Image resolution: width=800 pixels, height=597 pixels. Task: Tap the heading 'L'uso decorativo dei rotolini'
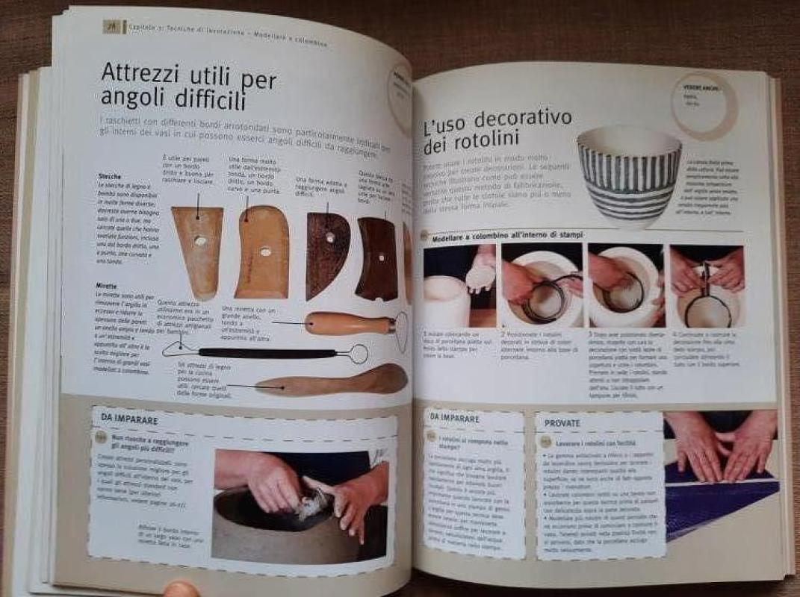497,131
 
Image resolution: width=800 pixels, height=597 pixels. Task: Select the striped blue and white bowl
630,173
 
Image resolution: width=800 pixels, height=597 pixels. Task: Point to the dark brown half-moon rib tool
326,254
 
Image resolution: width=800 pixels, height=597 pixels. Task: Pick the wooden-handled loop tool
351,323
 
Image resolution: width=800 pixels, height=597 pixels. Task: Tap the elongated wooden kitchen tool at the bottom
332,381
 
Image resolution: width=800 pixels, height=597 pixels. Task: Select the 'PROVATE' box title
563,423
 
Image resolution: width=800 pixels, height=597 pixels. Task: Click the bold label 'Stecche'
110,176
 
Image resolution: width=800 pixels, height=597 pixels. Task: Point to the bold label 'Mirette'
106,286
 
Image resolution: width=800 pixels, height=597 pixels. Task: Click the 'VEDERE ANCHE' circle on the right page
703,104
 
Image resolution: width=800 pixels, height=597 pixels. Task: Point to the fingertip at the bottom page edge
182,590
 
